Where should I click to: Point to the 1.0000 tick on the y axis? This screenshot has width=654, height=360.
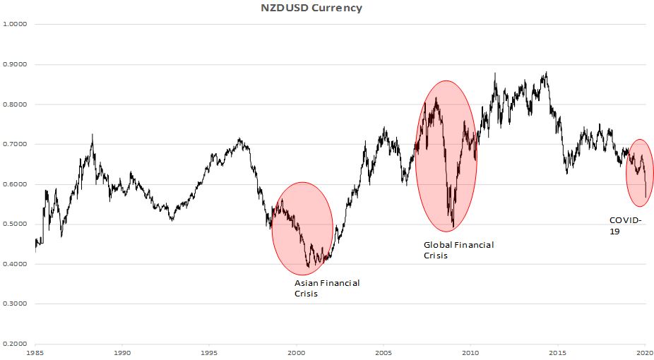[16, 24]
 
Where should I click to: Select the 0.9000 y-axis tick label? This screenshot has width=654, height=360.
[16, 64]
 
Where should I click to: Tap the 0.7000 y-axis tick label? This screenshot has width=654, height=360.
[16, 144]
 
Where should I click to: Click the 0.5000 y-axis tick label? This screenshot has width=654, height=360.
[16, 224]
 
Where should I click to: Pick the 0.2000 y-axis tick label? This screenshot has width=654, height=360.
[16, 344]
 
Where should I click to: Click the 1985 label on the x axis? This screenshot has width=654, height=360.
[35, 351]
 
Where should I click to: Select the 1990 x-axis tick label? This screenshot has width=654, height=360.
[122, 351]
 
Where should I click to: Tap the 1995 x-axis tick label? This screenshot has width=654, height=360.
[209, 351]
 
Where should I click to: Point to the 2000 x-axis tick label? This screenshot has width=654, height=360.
[297, 351]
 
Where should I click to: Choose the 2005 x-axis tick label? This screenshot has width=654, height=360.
[384, 351]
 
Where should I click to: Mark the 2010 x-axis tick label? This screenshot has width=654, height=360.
[471, 351]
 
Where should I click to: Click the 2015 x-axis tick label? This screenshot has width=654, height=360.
[558, 351]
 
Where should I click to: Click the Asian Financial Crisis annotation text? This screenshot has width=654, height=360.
[327, 288]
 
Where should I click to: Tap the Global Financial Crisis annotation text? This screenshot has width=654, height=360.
[458, 250]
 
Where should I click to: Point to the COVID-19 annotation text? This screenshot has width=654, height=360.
[625, 225]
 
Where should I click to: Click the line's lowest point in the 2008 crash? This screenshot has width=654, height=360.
[453, 227]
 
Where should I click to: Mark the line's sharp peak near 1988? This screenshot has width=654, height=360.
[93, 134]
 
